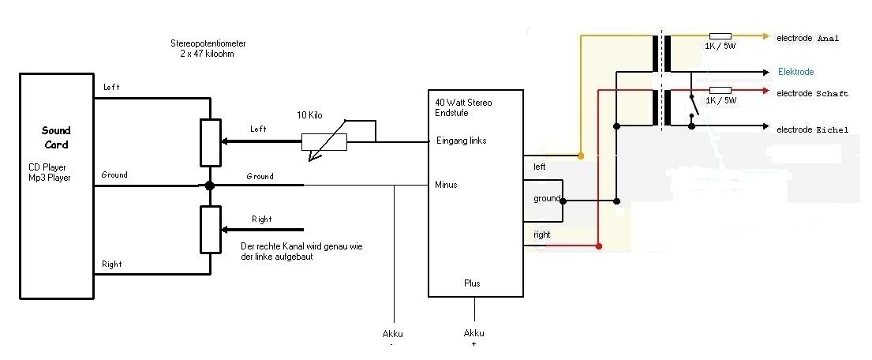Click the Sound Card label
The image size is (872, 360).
pos(56,137)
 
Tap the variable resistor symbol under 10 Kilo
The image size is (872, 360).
pos(324,142)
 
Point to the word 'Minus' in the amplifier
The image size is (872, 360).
pos(446,186)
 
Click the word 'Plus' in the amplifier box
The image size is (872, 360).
pos(471,283)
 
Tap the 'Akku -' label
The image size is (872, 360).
pos(393,337)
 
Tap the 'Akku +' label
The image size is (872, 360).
pos(473,337)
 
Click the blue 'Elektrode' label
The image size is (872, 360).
pos(795,72)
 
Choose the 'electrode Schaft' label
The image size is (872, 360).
pos(812,94)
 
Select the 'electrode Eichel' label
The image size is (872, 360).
pos(813,129)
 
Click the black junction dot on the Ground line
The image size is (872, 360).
pos(210,186)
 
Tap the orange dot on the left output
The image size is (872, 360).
pos(582,156)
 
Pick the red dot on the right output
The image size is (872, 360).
pos(599,247)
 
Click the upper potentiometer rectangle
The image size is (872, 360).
pos(210,143)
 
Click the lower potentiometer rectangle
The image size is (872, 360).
pos(210,230)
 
